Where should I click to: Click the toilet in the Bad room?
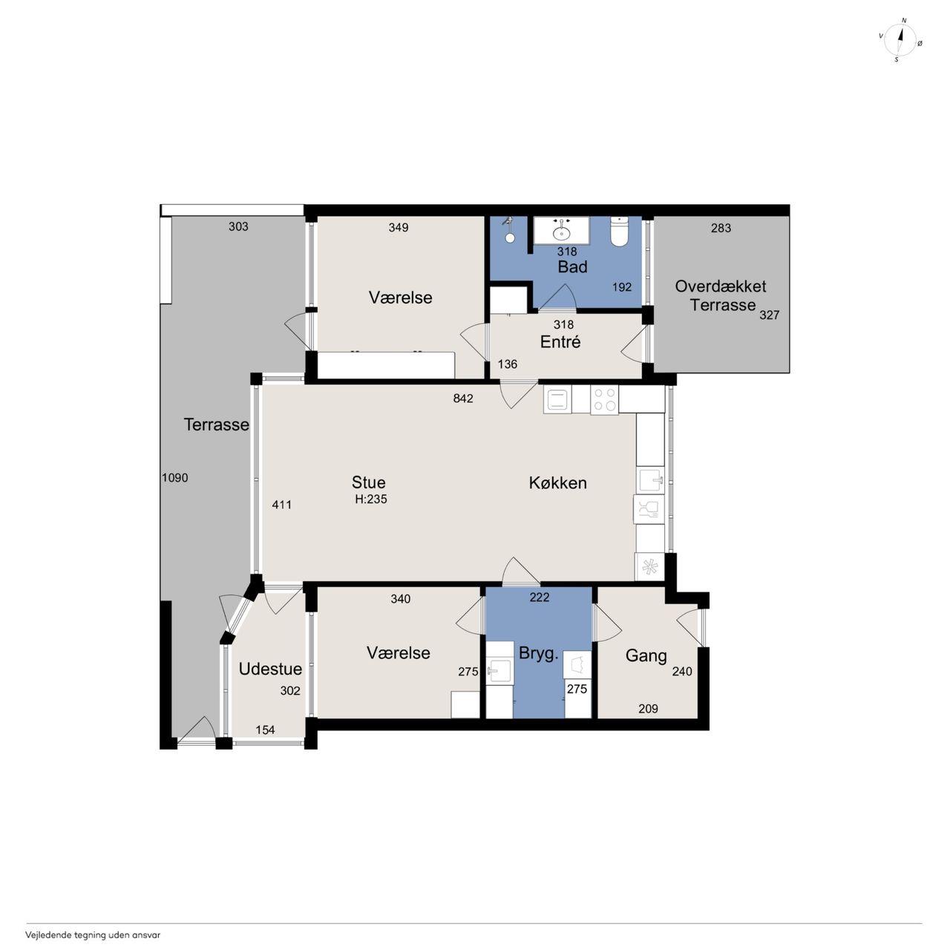619,232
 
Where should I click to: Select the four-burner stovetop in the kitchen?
604,399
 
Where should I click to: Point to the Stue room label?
368,482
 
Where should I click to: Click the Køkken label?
557,482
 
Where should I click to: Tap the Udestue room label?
270,669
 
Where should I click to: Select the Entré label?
560,341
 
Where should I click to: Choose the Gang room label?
646,655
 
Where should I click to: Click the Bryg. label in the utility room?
538,654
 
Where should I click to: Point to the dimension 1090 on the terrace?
175,478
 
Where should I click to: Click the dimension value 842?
463,399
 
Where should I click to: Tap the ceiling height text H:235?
371,499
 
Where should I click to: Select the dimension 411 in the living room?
281,505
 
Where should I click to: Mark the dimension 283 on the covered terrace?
721,228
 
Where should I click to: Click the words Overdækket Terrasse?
721,296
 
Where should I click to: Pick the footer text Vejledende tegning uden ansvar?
93,934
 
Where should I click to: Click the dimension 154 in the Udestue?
265,730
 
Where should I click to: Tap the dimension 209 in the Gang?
648,709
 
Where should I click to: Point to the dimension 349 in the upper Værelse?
399,227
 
